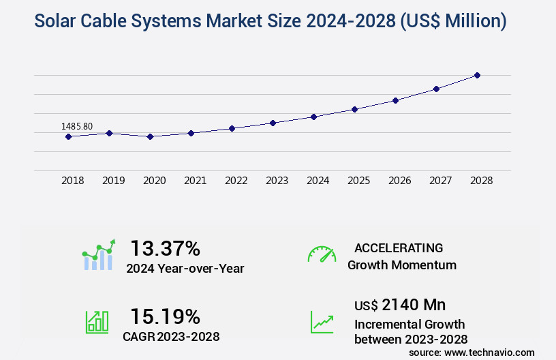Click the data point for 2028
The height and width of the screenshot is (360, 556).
(x=477, y=75)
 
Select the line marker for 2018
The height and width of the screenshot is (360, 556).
(x=68, y=136)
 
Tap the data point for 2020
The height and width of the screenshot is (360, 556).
(x=150, y=136)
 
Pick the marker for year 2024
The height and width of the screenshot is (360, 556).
(x=313, y=117)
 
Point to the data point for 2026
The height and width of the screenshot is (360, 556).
(x=395, y=100)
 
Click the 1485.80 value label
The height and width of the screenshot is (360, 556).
(x=77, y=126)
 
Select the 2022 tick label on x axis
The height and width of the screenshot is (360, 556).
(x=236, y=181)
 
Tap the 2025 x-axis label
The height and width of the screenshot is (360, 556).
(x=358, y=181)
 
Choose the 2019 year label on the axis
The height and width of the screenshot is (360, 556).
(x=113, y=181)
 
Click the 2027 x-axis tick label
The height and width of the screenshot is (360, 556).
(x=440, y=181)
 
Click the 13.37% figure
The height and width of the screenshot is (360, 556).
(x=166, y=247)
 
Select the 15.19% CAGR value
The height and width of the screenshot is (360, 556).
(x=166, y=316)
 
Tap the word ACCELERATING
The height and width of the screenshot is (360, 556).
(x=399, y=247)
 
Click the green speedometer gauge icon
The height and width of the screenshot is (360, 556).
(x=322, y=254)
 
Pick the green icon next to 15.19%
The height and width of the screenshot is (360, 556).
(x=97, y=322)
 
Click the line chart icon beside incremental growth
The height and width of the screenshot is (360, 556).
(x=322, y=322)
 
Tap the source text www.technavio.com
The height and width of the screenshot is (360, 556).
(x=490, y=352)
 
